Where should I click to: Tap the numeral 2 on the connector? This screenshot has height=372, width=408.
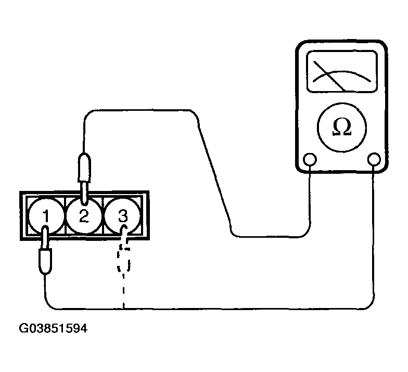(x=84, y=215)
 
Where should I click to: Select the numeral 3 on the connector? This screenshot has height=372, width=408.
(x=122, y=215)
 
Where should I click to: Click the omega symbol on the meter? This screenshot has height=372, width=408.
(x=342, y=128)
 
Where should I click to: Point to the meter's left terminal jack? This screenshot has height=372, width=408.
(x=311, y=159)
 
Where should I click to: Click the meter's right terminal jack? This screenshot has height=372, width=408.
(x=374, y=159)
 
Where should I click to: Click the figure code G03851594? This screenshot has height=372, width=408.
(x=53, y=329)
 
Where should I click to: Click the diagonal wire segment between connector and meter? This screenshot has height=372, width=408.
(x=214, y=172)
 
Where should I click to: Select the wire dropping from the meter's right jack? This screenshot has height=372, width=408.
(x=374, y=234)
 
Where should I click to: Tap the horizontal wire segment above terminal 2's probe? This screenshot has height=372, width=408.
(x=141, y=110)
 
